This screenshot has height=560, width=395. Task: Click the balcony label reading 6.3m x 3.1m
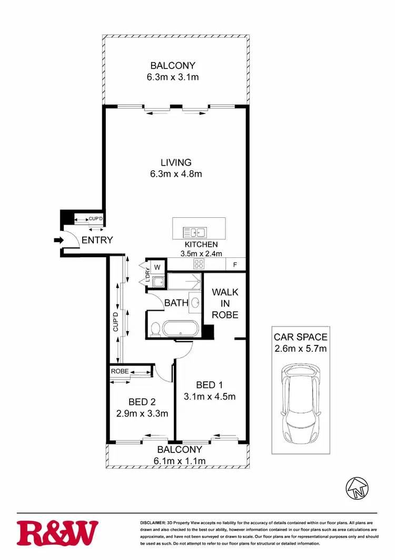coord(173,77)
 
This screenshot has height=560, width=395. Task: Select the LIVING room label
coord(176,162)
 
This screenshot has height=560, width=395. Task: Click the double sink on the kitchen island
coord(194,232)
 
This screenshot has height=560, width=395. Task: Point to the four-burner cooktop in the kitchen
coord(200,265)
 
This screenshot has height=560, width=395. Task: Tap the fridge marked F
coord(234,265)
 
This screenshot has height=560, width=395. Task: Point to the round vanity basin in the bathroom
coord(195,303)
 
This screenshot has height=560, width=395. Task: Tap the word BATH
coord(176,303)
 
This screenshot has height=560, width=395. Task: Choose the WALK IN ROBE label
coord(225,303)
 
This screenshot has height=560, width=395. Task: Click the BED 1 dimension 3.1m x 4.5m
coord(208,397)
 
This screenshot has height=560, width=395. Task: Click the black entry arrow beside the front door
coord(57,241)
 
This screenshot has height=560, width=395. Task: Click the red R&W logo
coord(57,533)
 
